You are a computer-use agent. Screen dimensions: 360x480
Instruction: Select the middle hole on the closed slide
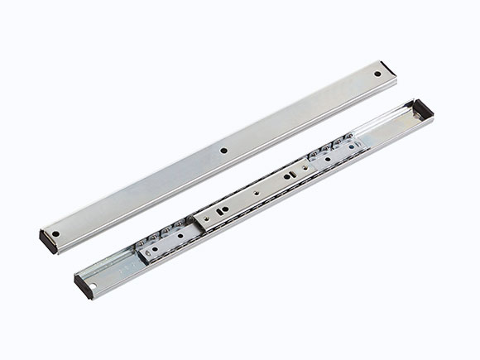225,151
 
